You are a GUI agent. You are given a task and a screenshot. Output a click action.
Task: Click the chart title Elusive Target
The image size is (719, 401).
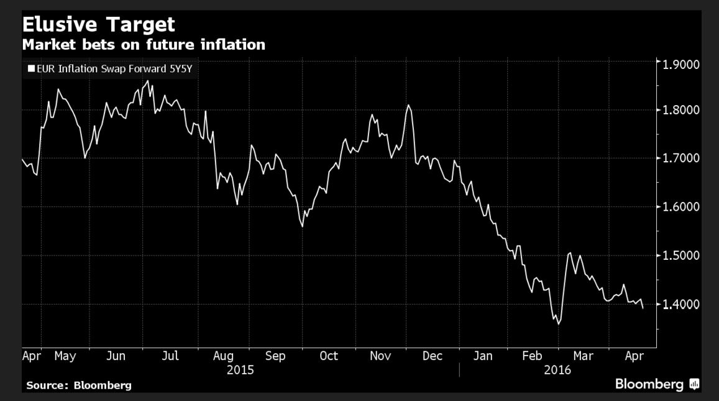coord(99,25)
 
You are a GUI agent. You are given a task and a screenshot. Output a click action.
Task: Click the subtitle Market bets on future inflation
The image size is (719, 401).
coord(144,45)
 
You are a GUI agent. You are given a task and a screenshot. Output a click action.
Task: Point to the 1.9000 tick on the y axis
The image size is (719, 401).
coord(682,64)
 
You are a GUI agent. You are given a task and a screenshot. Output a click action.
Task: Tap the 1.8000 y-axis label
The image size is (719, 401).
coord(682,111)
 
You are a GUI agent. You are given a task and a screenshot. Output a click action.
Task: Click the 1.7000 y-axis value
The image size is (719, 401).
coord(682,158)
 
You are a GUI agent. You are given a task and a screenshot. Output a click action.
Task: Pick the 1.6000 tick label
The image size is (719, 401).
coord(682,206)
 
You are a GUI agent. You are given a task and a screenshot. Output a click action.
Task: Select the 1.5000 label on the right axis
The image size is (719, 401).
coord(682,256)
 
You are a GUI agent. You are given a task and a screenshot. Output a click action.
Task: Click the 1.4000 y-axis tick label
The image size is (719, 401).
coord(682,304)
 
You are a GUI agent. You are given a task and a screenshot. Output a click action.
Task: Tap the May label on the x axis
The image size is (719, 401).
coord(65,356)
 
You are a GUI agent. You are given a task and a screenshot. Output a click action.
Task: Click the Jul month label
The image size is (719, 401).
coord(170,356)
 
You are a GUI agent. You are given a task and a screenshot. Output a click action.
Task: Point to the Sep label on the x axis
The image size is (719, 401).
coord(275,356)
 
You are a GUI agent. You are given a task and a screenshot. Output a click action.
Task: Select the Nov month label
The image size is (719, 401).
coord(380,356)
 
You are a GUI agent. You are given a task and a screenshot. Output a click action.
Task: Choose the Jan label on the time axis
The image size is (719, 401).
coord(483,356)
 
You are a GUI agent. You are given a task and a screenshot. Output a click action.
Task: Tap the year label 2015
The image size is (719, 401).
coord(240,370)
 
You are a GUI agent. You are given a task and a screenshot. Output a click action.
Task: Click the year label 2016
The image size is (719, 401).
coord(557,370)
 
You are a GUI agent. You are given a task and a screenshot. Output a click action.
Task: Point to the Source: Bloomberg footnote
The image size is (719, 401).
coord(79,385)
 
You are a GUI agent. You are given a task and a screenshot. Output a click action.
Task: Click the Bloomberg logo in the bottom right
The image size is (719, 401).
coord(657,384)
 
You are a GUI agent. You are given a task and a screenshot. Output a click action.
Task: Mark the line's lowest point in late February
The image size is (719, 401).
coord(558,324)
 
